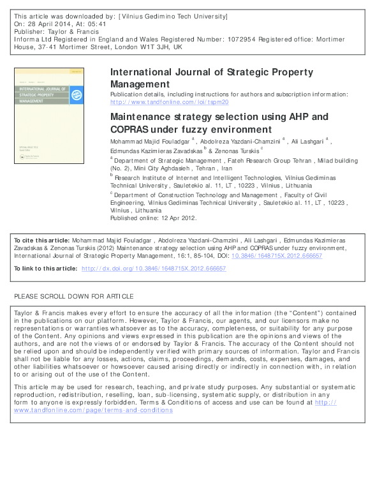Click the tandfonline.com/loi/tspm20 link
[x=169, y=101]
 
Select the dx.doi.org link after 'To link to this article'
[x=154, y=269]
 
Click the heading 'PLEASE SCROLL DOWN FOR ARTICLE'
[x=73, y=297]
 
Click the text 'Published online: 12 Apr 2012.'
[x=154, y=218]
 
